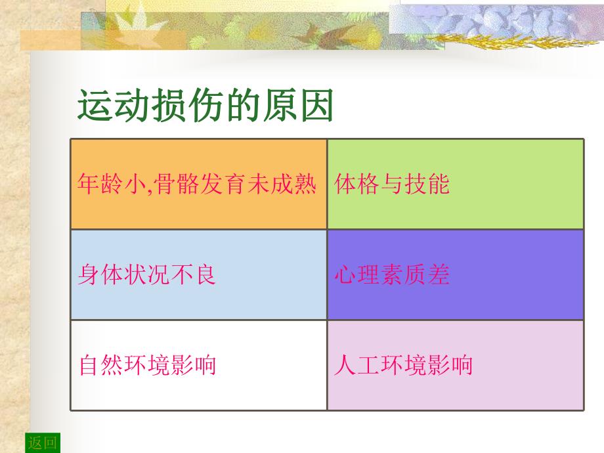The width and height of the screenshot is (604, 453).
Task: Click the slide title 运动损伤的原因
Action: (x=205, y=106)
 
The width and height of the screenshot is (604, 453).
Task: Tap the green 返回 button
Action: (x=43, y=443)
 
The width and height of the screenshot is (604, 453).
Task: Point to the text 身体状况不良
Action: (x=147, y=274)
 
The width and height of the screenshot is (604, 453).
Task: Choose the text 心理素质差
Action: (x=392, y=274)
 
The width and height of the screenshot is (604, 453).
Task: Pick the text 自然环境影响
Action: (x=147, y=364)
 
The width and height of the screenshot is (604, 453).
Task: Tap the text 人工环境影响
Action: (x=403, y=364)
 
